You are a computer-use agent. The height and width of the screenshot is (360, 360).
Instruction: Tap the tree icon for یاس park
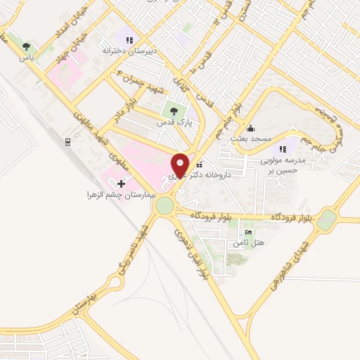(x=27, y=46)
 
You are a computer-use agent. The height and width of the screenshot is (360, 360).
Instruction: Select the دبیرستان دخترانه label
(x=128, y=51)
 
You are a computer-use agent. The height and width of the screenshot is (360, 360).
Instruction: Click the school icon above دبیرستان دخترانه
(x=128, y=39)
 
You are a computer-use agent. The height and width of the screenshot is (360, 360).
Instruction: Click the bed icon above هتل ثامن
(x=247, y=233)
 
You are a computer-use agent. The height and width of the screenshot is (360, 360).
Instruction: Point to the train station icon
(x=67, y=141)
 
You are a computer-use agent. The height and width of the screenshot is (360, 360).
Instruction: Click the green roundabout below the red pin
(x=165, y=205)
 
